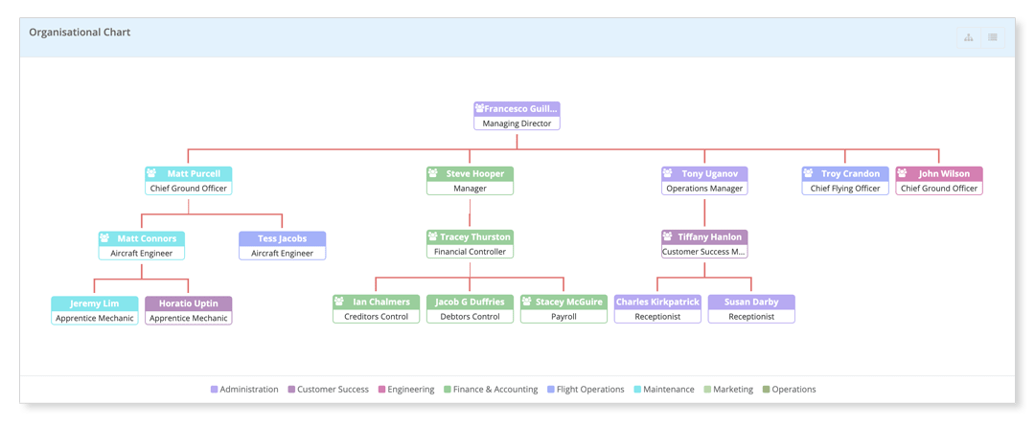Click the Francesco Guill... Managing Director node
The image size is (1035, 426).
[517, 116]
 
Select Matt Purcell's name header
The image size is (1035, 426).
[189, 174]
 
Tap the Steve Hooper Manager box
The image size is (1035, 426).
[470, 181]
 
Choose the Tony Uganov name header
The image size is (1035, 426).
[704, 174]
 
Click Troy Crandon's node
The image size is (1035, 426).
[844, 181]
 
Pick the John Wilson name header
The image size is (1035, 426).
[939, 174]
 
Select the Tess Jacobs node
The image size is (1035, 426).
[282, 246]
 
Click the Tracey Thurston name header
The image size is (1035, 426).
[470, 237]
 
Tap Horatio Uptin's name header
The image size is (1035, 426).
[189, 303]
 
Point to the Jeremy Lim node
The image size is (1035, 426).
[95, 310]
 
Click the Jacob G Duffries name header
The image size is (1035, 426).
[470, 303]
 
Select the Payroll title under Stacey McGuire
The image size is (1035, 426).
[563, 317]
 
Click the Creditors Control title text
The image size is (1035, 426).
[376, 317]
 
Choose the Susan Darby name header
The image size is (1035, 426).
[751, 303]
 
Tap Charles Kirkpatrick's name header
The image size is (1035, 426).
[657, 303]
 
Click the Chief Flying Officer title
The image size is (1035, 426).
[844, 189]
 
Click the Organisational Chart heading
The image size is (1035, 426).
[80, 33]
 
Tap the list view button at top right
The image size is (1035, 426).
[993, 37]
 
